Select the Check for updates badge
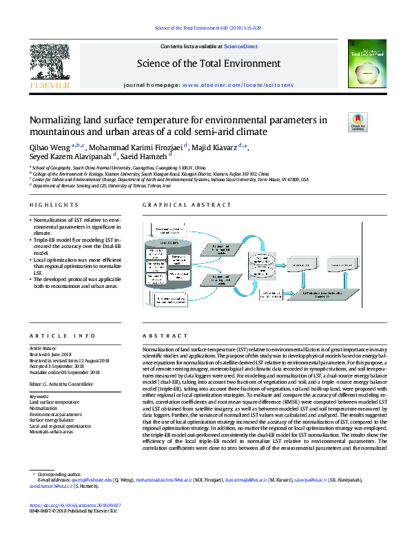click(x=358, y=122)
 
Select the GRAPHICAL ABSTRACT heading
click(x=178, y=205)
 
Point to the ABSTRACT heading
click(x=158, y=336)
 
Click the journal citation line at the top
click(x=205, y=28)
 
